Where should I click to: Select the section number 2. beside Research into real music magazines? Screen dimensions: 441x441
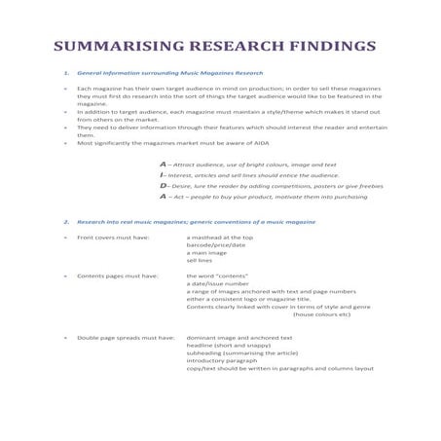point(64,222)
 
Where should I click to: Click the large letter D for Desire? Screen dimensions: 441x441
point(164,185)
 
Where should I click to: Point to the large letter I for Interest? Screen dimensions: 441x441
point(163,174)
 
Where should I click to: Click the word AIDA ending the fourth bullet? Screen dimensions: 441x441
point(260,142)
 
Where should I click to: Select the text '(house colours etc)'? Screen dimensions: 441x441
point(321,314)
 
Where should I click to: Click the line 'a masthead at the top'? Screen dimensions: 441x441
point(220,237)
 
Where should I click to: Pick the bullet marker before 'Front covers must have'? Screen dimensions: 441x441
point(64,237)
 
